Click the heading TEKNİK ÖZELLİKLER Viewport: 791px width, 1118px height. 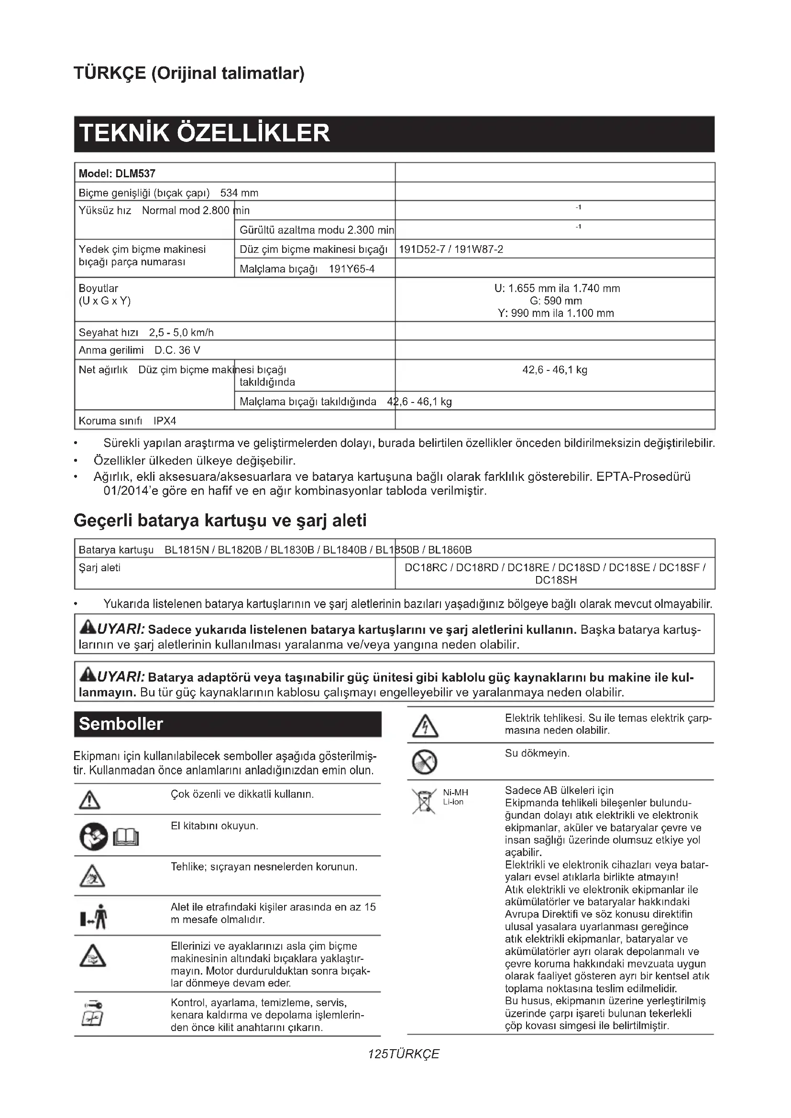tap(205, 133)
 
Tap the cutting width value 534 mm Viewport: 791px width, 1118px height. tap(239, 193)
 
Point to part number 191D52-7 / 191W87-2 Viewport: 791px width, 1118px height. tap(451, 250)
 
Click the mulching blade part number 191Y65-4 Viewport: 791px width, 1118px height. tap(352, 269)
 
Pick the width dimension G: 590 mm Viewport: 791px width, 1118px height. tap(556, 301)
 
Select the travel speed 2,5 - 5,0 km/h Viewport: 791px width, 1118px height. tap(181, 333)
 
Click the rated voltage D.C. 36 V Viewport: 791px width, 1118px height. tap(177, 350)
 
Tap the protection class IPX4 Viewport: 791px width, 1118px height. tap(164, 421)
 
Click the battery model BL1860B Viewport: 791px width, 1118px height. tap(450, 550)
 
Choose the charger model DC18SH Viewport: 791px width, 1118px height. tap(556, 580)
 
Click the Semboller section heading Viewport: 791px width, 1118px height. tap(121, 724)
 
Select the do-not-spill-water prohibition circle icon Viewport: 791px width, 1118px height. tap(424, 762)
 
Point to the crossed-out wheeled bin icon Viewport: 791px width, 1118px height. tap(424, 801)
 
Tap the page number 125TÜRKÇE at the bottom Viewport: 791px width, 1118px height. tap(404, 1054)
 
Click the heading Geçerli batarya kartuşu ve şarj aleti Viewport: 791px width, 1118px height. tap(220, 521)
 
